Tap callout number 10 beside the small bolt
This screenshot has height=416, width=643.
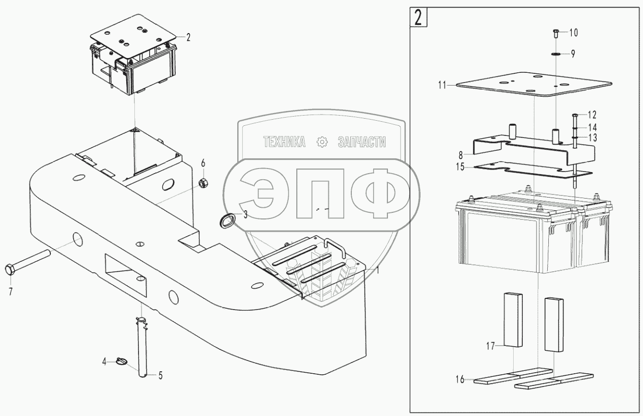tap(573, 33)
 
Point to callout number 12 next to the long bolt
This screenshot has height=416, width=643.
tap(592, 115)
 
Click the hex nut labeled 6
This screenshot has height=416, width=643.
tap(202, 182)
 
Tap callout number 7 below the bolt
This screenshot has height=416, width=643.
tap(10, 292)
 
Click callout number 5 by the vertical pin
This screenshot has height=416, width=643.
tap(160, 376)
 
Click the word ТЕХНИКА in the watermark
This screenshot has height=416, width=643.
tap(284, 143)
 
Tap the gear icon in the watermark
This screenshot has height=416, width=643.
tap(321, 143)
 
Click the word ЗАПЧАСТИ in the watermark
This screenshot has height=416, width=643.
tap(361, 143)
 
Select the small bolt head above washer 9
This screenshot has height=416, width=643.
tap(555, 33)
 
